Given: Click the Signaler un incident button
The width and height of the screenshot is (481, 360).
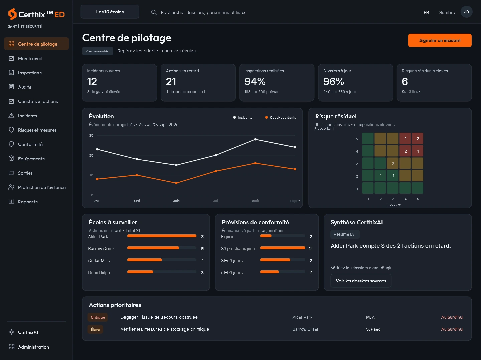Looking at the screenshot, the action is click(440, 40).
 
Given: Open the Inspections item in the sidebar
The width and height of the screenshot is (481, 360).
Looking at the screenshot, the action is click(30, 73).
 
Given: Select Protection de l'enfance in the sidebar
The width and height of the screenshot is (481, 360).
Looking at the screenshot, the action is click(42, 187).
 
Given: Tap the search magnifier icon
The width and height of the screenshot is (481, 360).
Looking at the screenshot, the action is click(154, 12).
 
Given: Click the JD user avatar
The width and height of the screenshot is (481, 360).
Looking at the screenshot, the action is click(466, 12).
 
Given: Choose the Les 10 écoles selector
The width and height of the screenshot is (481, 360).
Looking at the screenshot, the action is click(110, 12).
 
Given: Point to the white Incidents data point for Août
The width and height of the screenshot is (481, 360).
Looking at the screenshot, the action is click(255, 139).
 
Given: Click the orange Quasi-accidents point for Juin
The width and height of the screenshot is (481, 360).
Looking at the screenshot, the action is click(176, 183).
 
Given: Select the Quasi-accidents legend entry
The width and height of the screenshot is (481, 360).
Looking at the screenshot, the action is click(281, 117).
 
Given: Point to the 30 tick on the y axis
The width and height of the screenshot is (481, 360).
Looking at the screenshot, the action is click(91, 136).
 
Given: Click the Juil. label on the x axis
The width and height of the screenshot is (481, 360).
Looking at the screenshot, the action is click(216, 201).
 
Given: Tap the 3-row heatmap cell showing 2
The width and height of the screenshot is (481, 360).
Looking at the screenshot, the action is click(393, 163).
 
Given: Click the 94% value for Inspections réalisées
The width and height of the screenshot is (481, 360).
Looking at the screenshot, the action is click(255, 82).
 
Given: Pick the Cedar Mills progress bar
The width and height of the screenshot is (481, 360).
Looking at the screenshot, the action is click(162, 260).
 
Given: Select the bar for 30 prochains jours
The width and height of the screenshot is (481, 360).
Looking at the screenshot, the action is click(283, 248).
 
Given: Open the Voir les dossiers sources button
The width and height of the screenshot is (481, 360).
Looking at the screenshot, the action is click(361, 281).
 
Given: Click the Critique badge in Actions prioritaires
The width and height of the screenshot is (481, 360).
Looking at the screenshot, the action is click(98, 317).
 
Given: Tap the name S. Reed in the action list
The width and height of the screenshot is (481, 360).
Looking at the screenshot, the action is click(373, 329).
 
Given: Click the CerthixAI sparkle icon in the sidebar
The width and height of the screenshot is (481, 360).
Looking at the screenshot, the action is click(11, 332).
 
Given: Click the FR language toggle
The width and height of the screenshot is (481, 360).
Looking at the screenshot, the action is click(426, 12).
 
